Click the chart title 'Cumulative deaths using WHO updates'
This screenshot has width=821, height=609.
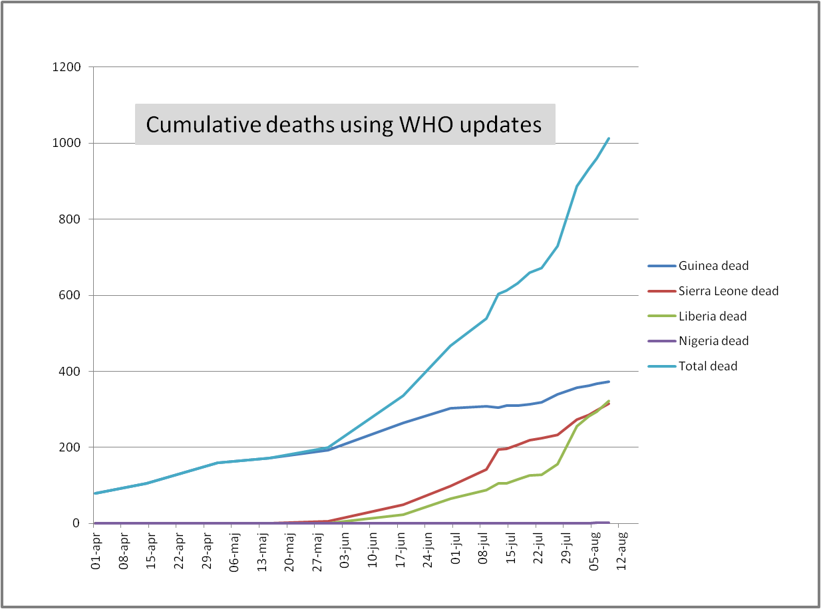click(344, 124)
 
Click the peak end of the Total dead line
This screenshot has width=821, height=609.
click(609, 138)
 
